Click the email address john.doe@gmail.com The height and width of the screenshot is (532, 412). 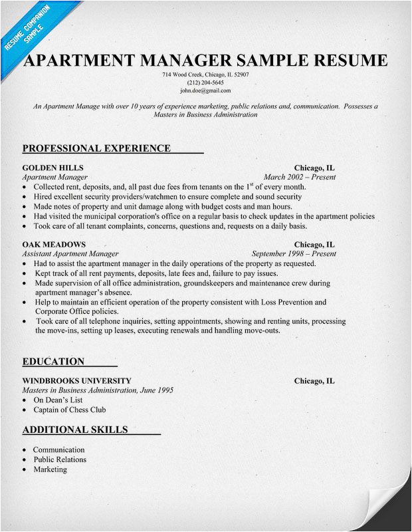pyautogui.click(x=205, y=90)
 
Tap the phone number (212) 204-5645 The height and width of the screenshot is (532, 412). pyautogui.click(x=205, y=82)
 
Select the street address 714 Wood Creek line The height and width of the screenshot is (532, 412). pyautogui.click(x=205, y=74)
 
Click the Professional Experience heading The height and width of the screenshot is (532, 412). pyautogui.click(x=96, y=148)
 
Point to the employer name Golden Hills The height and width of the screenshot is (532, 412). pyautogui.click(x=52, y=168)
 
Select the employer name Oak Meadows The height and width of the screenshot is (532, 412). pyautogui.click(x=54, y=244)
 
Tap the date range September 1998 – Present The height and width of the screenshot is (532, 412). pyautogui.click(x=294, y=254)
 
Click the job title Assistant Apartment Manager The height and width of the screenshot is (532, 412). pyautogui.click(x=70, y=254)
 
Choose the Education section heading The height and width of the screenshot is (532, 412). pyautogui.click(x=53, y=362)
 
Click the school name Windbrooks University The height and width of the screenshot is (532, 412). pyautogui.click(x=76, y=381)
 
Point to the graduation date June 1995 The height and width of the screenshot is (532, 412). pyautogui.click(x=156, y=391)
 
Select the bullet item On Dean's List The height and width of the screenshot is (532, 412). pyautogui.click(x=59, y=401)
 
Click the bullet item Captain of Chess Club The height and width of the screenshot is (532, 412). pyautogui.click(x=69, y=410)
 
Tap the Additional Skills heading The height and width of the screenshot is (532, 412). pyautogui.click(x=75, y=430)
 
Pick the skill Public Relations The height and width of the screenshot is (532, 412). pyautogui.click(x=60, y=460)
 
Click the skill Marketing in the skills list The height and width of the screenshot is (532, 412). pyautogui.click(x=50, y=469)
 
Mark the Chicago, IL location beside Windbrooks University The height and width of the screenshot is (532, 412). pyautogui.click(x=314, y=381)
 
